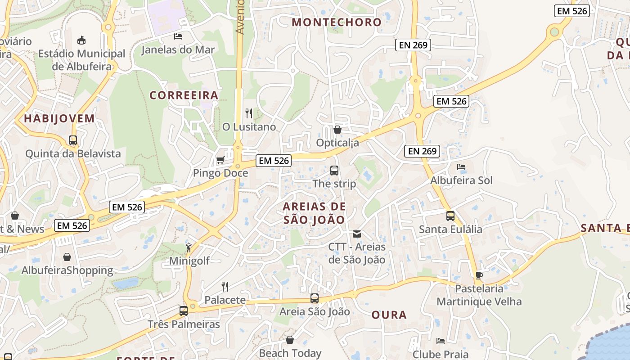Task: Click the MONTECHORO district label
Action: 337,22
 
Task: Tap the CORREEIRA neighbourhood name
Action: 184,95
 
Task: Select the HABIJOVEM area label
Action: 59,119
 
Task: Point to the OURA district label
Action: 389,315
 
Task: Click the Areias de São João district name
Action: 314,213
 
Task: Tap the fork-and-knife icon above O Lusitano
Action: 249,113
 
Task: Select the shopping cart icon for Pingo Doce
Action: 220,160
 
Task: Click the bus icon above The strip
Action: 334,171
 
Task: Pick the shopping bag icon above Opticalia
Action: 337,130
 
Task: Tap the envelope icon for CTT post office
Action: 357,234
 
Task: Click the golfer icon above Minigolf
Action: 189,247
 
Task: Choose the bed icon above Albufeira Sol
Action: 461,167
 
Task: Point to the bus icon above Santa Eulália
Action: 450,216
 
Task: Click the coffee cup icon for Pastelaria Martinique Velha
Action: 479,275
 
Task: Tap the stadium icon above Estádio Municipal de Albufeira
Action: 81,40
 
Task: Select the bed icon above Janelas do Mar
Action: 178,36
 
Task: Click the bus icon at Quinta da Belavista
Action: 73,140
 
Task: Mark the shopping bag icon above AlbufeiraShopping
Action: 67,257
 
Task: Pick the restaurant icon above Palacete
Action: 225,286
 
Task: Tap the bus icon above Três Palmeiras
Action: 183,310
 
